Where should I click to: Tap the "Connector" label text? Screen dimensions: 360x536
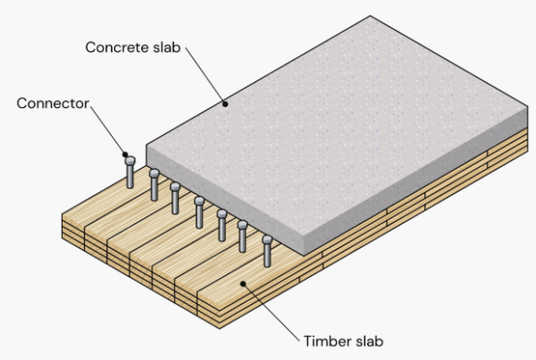pyautogui.click(x=54, y=104)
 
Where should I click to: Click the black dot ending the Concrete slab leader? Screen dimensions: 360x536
pyautogui.click(x=225, y=105)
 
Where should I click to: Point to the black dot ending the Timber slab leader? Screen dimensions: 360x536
pyautogui.click(x=244, y=282)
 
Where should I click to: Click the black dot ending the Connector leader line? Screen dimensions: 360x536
pyautogui.click(x=126, y=155)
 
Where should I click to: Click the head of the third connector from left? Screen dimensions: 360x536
pyautogui.click(x=176, y=187)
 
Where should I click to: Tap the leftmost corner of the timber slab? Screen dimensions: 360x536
pyautogui.click(x=60, y=214)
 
